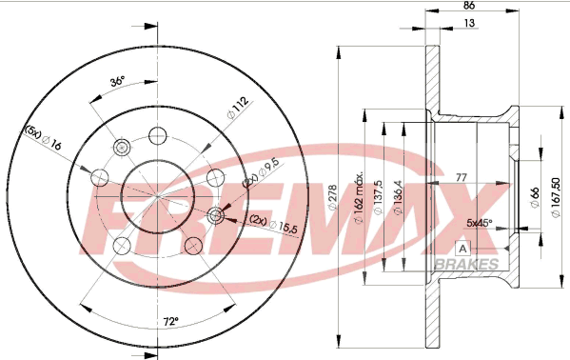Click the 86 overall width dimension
(470, 5)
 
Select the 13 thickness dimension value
(470, 23)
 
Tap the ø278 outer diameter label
(333, 198)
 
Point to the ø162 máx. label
(359, 197)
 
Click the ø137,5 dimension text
(378, 198)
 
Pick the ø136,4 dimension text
(398, 198)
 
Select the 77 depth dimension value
(462, 178)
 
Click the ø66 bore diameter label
(535, 197)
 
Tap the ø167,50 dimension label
(556, 197)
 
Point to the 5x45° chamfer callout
(480, 223)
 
